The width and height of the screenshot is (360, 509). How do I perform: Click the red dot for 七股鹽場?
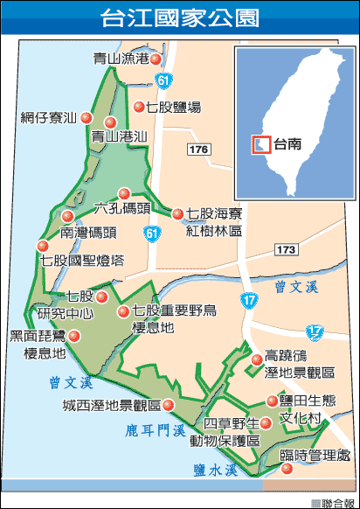[x=138, y=108]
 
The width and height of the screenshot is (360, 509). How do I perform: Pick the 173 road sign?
[x=285, y=250]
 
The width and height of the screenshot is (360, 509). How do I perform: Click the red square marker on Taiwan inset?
[x=259, y=143]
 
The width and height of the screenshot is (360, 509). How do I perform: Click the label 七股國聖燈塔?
[x=82, y=260]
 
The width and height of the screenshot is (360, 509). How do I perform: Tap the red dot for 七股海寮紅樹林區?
[x=178, y=213]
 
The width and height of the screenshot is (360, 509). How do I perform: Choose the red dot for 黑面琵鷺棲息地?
[x=74, y=336]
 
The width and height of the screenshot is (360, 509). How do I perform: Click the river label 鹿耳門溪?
[x=155, y=430]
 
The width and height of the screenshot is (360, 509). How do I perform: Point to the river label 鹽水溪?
[x=216, y=470]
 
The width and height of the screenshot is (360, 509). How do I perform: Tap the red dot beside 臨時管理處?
[x=287, y=471]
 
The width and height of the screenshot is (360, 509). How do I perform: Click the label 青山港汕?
[x=120, y=137]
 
